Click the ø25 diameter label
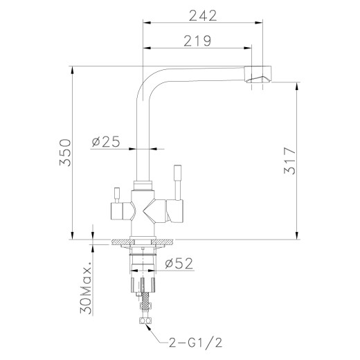coord(105,142)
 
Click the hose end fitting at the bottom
coord(145,323)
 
